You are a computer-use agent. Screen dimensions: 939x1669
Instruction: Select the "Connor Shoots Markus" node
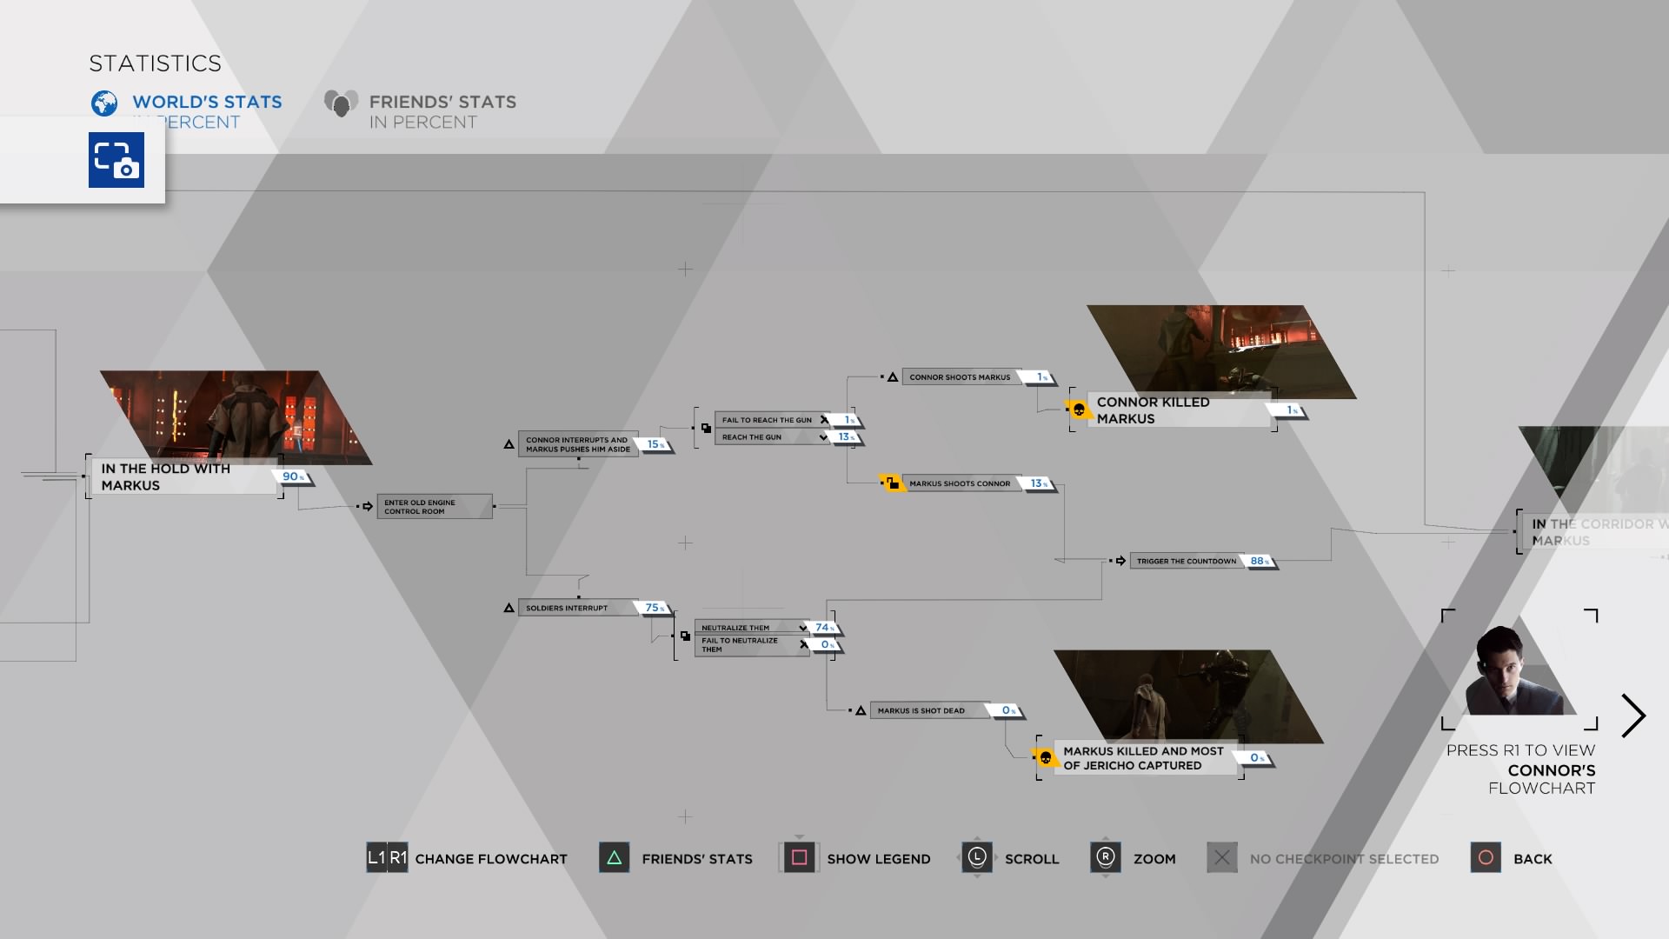[x=960, y=377]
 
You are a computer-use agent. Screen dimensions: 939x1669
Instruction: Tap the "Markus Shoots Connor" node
[x=960, y=483]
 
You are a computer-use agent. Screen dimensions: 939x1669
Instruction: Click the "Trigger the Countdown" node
[x=1186, y=561]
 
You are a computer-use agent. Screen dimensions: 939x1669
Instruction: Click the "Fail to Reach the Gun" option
[x=767, y=420]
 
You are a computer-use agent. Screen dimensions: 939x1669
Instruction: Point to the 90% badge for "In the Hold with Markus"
[x=293, y=476]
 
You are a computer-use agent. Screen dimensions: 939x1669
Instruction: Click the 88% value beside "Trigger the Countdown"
[x=1259, y=561]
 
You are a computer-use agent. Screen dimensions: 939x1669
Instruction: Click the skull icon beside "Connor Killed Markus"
[x=1079, y=410]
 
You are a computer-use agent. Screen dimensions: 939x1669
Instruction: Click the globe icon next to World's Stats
[x=104, y=103]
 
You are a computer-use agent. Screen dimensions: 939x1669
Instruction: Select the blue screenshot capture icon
[x=116, y=160]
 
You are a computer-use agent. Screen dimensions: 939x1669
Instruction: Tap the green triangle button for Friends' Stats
[x=614, y=858]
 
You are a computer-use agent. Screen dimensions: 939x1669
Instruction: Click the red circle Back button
[x=1486, y=858]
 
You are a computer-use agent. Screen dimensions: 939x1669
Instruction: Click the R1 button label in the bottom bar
[x=398, y=858]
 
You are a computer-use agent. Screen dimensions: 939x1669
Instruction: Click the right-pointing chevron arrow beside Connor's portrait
[x=1633, y=716]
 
